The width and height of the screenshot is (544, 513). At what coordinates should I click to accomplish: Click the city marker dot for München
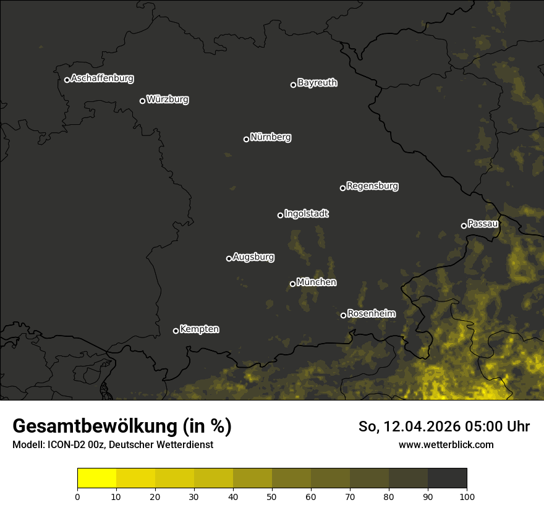tap(293, 284)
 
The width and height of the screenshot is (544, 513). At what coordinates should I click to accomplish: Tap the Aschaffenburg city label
tap(102, 78)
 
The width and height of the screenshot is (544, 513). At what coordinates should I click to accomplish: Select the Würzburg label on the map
tap(168, 100)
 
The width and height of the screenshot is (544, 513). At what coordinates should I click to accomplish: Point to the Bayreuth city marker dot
tap(294, 85)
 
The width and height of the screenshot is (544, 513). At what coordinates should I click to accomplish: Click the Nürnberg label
tap(271, 137)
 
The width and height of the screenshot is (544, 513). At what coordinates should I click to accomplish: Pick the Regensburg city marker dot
tap(342, 188)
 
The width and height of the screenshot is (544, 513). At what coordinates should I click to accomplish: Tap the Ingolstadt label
tap(307, 214)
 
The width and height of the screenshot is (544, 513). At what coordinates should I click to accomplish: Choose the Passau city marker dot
tap(464, 226)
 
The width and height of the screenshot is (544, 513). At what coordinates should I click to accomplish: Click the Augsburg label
tap(253, 257)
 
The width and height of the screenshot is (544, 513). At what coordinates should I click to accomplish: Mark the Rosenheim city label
tap(371, 313)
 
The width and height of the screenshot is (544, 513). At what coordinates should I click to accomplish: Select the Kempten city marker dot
tap(176, 331)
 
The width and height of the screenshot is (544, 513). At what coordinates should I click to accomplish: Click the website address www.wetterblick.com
tap(446, 444)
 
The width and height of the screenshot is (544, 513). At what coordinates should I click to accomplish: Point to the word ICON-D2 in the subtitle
tap(64, 444)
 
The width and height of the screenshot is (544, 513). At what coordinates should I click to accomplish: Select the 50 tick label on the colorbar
tap(272, 496)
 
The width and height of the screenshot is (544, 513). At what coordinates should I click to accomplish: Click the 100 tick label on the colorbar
tap(467, 496)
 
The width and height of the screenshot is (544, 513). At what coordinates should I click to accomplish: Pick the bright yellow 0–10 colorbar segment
tap(97, 478)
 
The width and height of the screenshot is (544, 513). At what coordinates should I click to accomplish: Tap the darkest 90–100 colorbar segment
tap(447, 478)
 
